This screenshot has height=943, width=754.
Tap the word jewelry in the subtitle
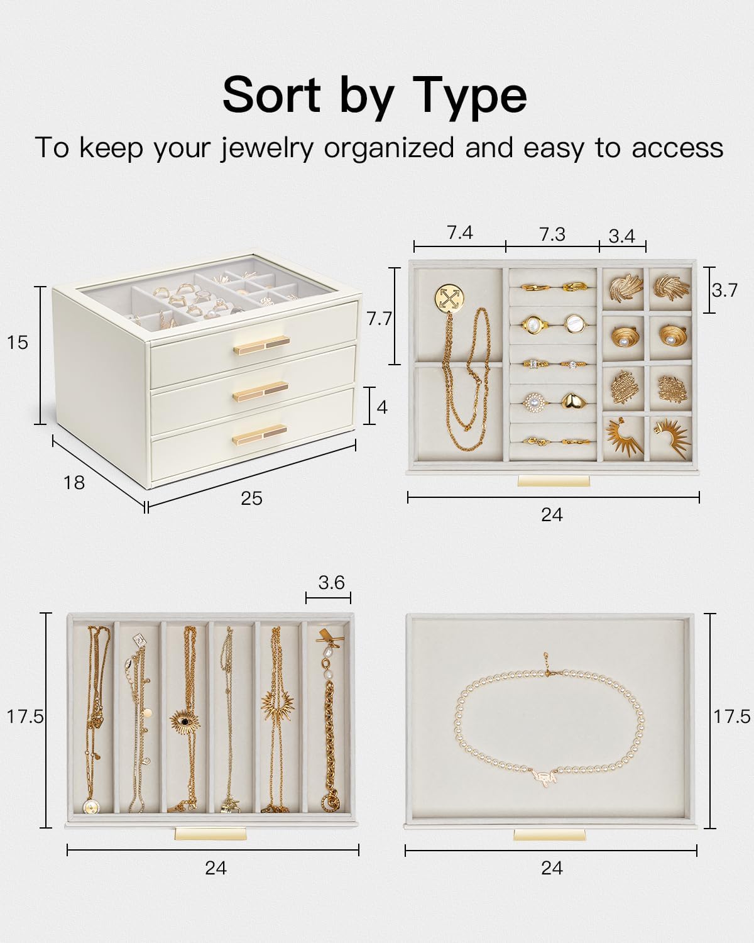[266, 148]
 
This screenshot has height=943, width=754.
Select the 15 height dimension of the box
[18, 342]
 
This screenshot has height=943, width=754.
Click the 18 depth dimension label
[74, 482]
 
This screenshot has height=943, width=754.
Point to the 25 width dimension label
[251, 499]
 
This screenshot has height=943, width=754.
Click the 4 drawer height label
[382, 407]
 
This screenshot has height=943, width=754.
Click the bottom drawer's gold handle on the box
[260, 434]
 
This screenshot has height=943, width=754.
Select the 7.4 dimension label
[460, 233]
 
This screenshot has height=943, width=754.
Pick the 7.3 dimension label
[552, 235]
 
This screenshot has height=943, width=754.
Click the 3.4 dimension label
[621, 236]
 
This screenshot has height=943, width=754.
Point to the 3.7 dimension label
[724, 290]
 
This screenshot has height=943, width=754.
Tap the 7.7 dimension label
[379, 319]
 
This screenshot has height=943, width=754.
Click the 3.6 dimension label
[331, 582]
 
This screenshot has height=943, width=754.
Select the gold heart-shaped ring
[573, 400]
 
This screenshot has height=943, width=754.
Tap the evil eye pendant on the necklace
[185, 720]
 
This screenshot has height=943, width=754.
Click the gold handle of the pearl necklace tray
[549, 835]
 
